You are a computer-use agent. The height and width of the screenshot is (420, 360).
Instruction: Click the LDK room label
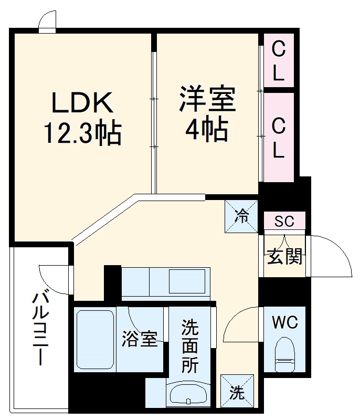(82, 103)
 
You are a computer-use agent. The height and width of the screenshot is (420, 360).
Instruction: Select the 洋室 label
(207, 100)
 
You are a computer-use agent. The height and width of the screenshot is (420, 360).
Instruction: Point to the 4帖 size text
(207, 129)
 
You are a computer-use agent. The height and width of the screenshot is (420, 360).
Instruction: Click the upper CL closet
(278, 61)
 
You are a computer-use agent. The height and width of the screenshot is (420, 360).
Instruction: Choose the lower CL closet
(278, 138)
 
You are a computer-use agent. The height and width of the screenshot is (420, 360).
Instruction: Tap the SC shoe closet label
(284, 221)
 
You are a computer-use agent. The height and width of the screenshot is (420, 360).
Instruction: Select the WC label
(285, 322)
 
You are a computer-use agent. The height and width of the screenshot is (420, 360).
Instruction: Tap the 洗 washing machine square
(237, 392)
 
